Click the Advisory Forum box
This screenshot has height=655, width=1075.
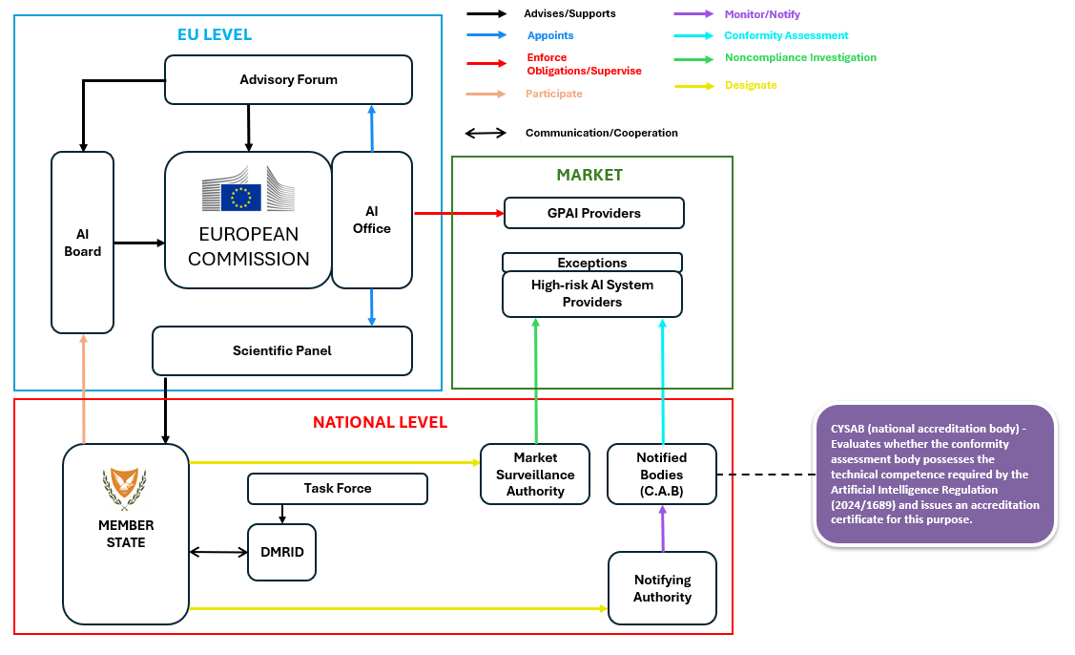(288, 79)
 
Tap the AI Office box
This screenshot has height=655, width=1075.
(372, 220)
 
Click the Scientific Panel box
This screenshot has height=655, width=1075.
(282, 350)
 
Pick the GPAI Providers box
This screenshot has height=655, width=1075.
(593, 213)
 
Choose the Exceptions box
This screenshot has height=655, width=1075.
(592, 263)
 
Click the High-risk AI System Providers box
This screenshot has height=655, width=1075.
(592, 294)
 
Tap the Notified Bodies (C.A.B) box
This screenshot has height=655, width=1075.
(661, 474)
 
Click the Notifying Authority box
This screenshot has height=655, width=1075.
(662, 588)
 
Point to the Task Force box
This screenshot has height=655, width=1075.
(338, 489)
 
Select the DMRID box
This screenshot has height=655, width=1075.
(281, 552)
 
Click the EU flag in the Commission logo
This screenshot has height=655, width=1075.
(241, 197)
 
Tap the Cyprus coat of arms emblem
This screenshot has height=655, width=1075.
(125, 489)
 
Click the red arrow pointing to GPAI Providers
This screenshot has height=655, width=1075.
(458, 213)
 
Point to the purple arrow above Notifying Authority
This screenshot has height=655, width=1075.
(662, 528)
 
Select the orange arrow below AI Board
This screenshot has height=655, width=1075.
(84, 389)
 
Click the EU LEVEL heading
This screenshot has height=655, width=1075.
(215, 35)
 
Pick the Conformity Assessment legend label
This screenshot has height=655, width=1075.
(786, 36)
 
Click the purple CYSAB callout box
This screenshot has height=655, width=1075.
(935, 475)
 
